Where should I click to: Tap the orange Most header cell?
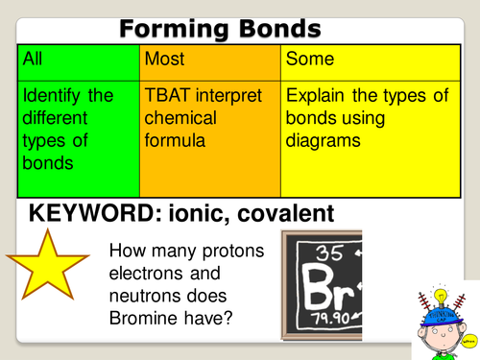(x=209, y=60)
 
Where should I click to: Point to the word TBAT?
(x=169, y=96)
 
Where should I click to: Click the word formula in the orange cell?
(x=176, y=140)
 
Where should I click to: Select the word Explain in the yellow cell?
(x=318, y=96)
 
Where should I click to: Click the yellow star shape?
(x=48, y=269)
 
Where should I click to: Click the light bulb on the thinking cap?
(x=443, y=293)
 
